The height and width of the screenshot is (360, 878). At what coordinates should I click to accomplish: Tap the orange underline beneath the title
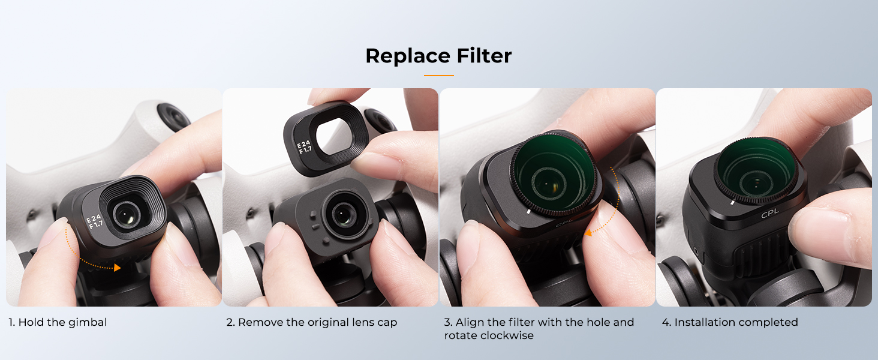438,75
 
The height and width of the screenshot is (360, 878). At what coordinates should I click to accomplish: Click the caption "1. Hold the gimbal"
58,322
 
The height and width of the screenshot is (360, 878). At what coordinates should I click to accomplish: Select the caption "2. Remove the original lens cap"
312,322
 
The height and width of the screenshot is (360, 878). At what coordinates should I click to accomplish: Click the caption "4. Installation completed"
730,322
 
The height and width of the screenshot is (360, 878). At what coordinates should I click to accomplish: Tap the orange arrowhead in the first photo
117,268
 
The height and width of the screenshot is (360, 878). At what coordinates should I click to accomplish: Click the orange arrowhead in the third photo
588,233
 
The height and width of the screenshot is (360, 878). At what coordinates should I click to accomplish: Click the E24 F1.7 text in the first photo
94,221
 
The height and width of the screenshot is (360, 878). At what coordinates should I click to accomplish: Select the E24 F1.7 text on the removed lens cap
304,147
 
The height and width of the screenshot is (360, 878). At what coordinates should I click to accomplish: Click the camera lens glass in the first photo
126,215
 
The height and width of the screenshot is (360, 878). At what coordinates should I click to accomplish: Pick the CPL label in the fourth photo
770,214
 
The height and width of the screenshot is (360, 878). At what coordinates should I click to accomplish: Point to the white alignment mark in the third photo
528,212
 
